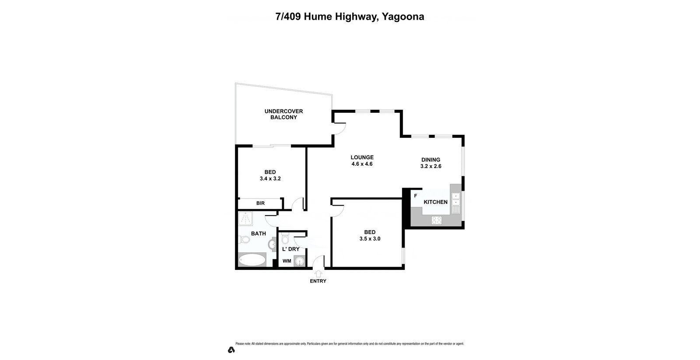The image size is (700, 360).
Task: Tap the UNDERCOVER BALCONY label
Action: coord(283,114)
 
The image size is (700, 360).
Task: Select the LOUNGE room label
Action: coord(362,157)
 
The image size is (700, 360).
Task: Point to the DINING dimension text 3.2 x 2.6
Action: coord(430,166)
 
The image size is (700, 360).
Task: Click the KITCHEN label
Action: coord(435,202)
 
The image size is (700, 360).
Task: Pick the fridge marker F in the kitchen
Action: coord(416,196)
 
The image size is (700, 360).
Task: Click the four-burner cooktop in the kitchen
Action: coord(437,220)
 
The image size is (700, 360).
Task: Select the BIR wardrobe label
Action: coord(260,203)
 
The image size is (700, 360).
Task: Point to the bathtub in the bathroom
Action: coord(252,260)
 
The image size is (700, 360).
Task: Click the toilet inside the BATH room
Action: coord(244,239)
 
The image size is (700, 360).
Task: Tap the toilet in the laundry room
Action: coord(285,238)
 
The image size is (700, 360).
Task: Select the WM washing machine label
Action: coord(287,261)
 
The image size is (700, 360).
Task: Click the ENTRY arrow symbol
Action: coord(318,273)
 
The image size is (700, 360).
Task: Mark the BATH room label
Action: coord(258,234)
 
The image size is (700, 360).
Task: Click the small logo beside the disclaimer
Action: coord(231,350)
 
